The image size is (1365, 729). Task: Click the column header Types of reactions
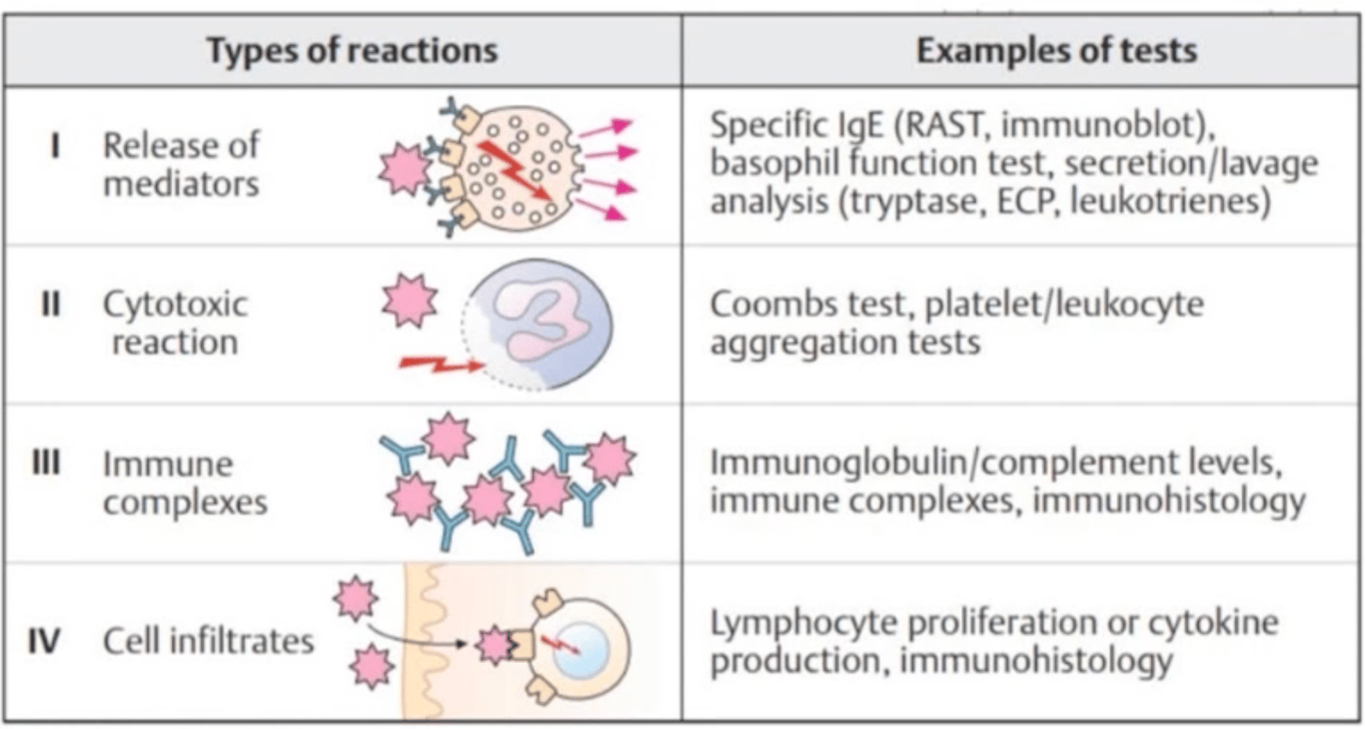tap(352, 50)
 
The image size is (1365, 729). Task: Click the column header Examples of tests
tap(1056, 50)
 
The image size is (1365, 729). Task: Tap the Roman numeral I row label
tap(55, 146)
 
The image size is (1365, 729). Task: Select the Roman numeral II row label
tap(51, 304)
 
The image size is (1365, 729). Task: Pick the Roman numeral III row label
tap(47, 463)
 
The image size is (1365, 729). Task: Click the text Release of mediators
tap(181, 164)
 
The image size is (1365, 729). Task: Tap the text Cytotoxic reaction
tap(175, 323)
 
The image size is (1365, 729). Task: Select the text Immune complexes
tap(185, 482)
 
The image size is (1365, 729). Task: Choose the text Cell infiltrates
tap(208, 640)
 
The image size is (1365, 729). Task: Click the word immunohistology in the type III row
tap(1168, 500)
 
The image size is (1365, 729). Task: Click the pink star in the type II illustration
tap(410, 301)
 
